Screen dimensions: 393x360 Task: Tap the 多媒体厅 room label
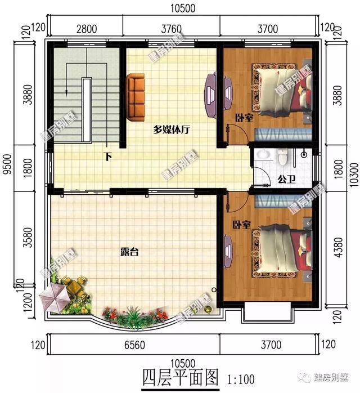pyautogui.click(x=172, y=129)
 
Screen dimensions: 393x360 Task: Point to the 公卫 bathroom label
pyautogui.click(x=286, y=180)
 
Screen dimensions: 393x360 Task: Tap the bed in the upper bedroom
pyautogui.click(x=281, y=88)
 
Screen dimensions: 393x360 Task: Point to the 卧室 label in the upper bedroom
pyautogui.click(x=243, y=118)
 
